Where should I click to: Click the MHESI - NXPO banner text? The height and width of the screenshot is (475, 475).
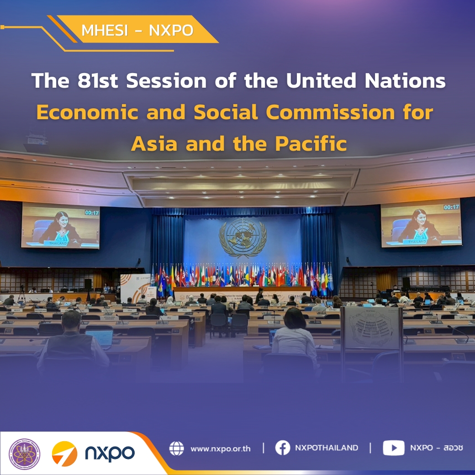(x=137, y=31)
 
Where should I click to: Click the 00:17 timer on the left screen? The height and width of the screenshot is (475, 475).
(x=91, y=212)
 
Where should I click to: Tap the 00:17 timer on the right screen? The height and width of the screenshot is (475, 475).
(x=451, y=207)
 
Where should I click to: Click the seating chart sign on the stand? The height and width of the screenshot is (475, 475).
(x=371, y=327)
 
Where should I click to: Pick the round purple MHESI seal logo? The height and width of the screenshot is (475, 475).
(x=25, y=454)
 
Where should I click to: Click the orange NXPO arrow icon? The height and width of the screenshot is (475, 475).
(x=64, y=454)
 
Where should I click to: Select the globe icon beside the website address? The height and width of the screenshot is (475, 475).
(x=176, y=448)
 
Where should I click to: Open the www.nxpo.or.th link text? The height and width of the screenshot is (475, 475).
(x=220, y=449)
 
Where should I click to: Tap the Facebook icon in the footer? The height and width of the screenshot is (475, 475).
(x=283, y=448)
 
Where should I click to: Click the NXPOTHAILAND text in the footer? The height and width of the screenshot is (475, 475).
(x=326, y=448)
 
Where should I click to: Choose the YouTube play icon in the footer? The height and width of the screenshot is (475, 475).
(x=393, y=448)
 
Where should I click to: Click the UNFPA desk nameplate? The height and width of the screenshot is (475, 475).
(x=462, y=317)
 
